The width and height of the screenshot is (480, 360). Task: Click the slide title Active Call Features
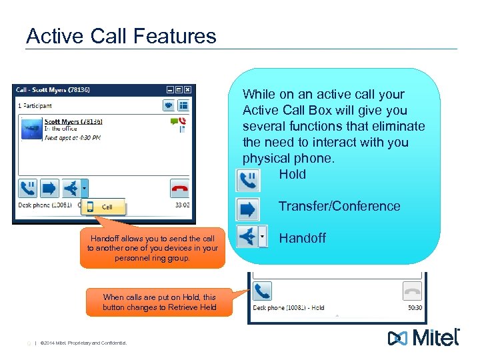(x=121, y=35)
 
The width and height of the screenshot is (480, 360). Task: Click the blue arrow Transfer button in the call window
(x=49, y=188)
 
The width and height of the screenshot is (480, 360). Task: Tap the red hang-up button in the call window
(x=180, y=188)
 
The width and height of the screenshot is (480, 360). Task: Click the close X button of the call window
(x=188, y=89)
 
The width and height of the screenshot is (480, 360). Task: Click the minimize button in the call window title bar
(x=171, y=89)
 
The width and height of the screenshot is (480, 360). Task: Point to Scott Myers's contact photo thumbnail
(x=31, y=129)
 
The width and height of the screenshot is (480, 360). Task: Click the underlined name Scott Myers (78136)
(x=73, y=121)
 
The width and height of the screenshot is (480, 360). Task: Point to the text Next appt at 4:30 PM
(x=73, y=138)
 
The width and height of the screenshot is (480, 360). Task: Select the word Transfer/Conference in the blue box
(x=339, y=206)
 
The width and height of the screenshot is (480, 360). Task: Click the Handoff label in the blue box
(x=302, y=238)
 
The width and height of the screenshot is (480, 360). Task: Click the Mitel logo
(x=424, y=337)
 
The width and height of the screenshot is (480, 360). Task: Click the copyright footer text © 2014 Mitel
(x=83, y=343)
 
